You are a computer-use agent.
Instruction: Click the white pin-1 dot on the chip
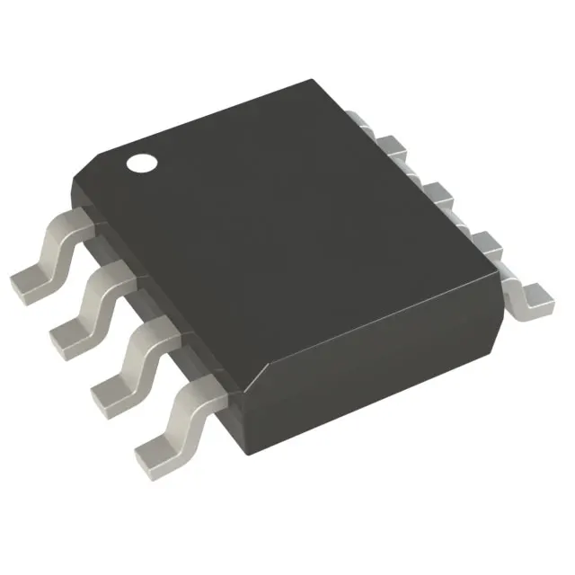pos(141,164)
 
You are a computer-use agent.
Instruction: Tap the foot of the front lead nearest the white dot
pos(29,279)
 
